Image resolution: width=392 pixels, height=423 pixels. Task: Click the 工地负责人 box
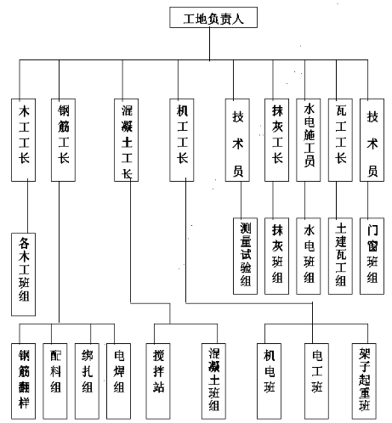(213, 17)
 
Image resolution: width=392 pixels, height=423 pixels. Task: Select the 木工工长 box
(23, 140)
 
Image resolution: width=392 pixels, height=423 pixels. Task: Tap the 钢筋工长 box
(63, 140)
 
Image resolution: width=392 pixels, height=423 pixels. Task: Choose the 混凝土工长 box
(126, 140)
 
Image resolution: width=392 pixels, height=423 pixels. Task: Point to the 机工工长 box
(182, 140)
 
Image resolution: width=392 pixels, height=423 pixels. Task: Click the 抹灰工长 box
(276, 140)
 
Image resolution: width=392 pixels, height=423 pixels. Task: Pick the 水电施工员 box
(309, 140)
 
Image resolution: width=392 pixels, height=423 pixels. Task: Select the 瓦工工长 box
(340, 140)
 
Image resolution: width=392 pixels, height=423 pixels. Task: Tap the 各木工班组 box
(23, 274)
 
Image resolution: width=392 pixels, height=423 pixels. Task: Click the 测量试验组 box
(245, 257)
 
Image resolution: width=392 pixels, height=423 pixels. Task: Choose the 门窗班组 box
(372, 257)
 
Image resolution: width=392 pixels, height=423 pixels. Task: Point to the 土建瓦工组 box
(340, 257)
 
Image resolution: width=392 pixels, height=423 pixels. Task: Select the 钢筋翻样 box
(23, 381)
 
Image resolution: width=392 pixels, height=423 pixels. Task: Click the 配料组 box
(55, 381)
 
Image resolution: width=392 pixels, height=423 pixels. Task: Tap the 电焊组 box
(118, 381)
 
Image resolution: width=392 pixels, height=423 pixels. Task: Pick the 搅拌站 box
(158, 381)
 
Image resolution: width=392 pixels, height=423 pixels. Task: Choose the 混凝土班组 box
(213, 381)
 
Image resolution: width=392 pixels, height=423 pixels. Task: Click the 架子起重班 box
(364, 381)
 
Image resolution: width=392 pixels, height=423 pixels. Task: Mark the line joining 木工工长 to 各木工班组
(27, 207)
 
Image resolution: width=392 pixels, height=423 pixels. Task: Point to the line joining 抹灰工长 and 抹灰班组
(273, 200)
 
